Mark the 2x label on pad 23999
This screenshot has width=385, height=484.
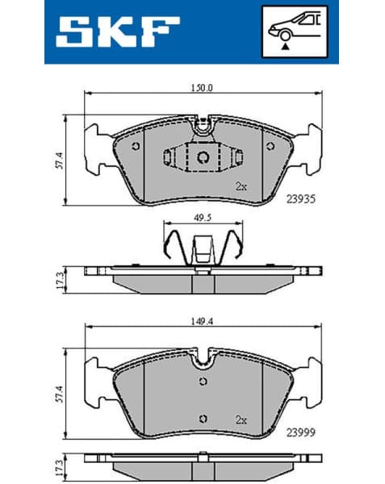coord(240,419)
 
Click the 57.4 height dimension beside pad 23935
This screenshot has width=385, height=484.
coord(59,158)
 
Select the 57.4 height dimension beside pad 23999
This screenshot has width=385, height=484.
coord(59,392)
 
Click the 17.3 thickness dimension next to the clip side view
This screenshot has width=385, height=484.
coord(59,278)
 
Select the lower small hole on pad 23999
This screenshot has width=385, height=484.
coord(202,417)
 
